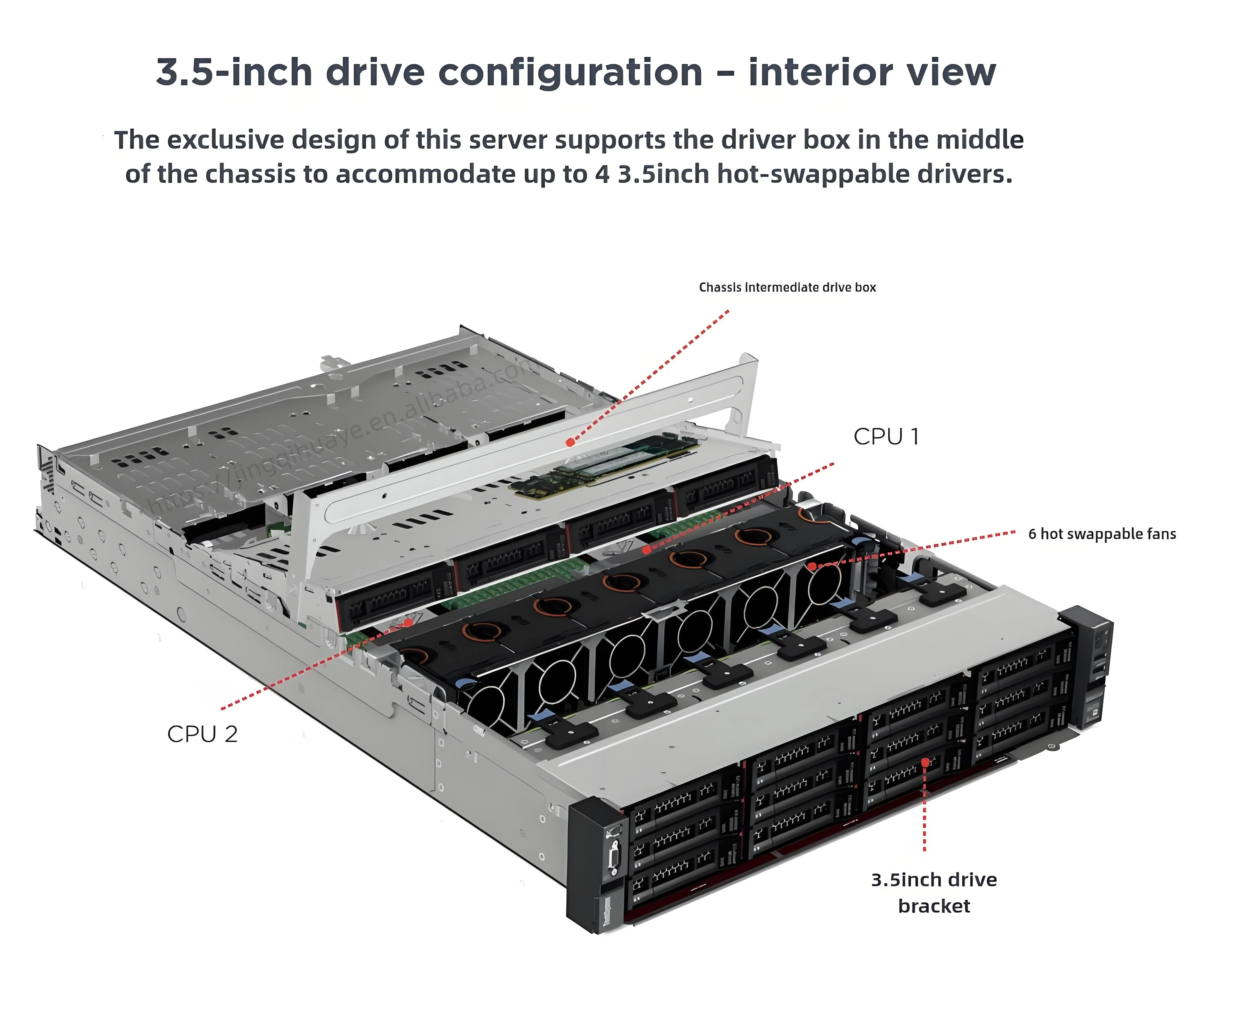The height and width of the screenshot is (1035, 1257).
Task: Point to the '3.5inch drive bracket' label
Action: pyautogui.click(x=934, y=892)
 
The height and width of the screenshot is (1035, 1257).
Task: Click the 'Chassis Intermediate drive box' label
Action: pyautogui.click(x=787, y=287)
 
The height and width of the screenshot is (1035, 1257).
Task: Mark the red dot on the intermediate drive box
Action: pyautogui.click(x=570, y=443)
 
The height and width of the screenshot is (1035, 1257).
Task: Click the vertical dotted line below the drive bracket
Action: pyautogui.click(x=925, y=811)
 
